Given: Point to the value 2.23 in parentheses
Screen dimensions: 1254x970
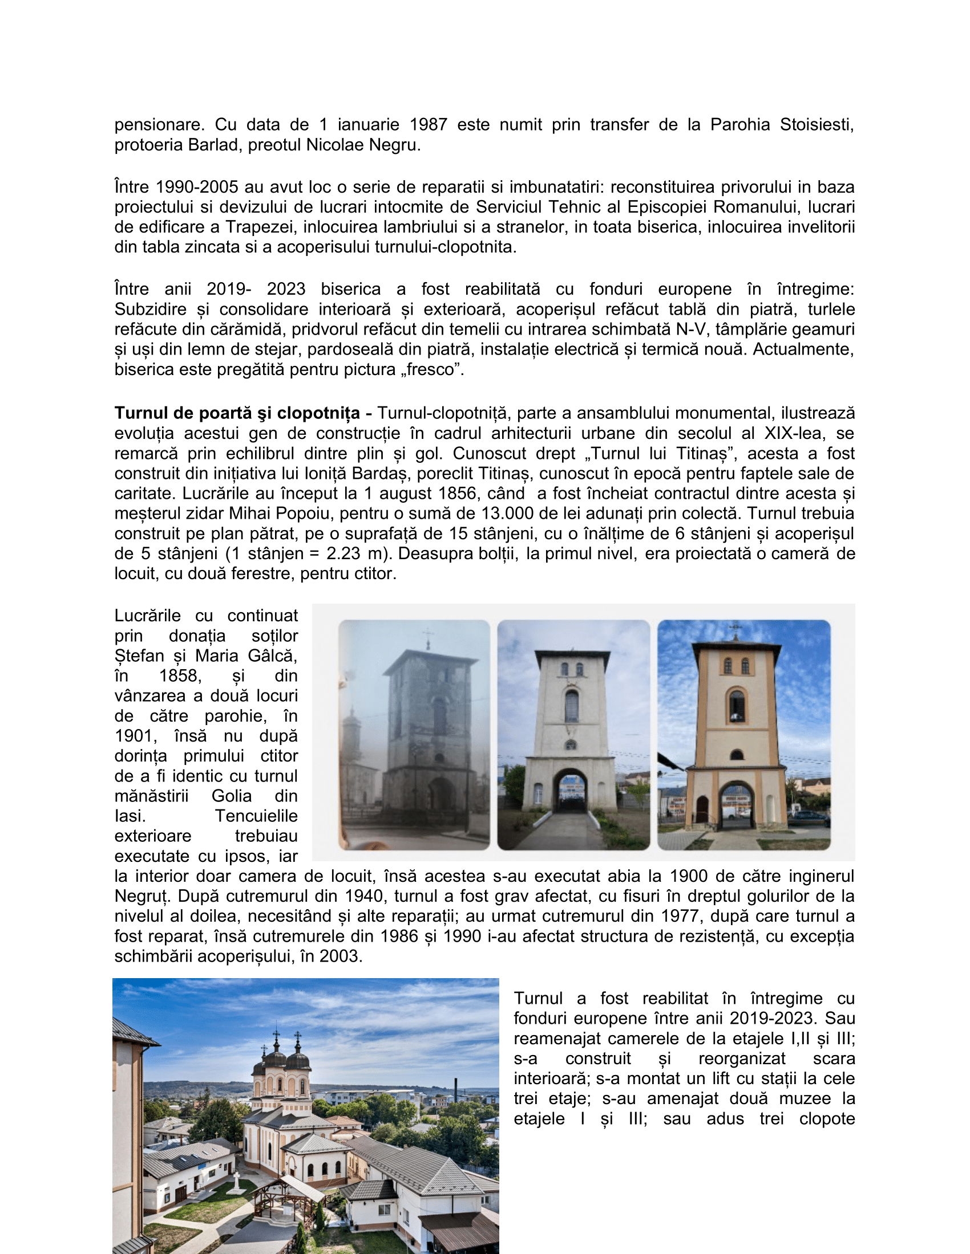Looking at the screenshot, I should [x=343, y=553].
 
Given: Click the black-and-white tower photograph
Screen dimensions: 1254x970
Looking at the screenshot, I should [x=414, y=734].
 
